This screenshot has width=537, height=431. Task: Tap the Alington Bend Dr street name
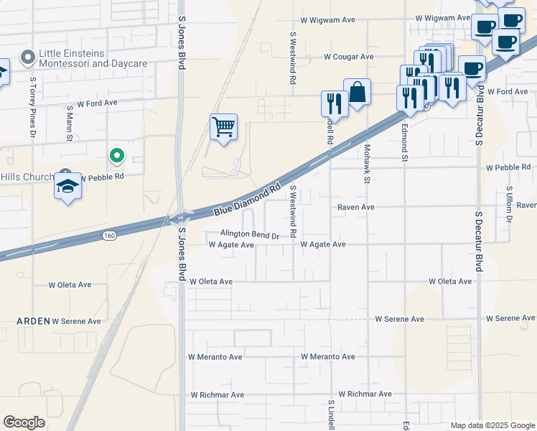click(249, 235)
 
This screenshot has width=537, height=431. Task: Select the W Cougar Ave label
click(348, 57)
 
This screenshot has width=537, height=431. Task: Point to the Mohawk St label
click(366, 164)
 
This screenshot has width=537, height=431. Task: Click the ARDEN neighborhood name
click(33, 321)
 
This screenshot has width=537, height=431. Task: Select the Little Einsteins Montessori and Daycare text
click(93, 58)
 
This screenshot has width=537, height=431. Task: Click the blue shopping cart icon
click(223, 127)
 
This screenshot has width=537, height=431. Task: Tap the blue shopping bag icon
click(357, 92)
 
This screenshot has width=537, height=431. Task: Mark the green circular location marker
click(116, 154)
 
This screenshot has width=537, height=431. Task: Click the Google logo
click(24, 422)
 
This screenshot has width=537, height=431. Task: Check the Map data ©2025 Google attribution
click(492, 425)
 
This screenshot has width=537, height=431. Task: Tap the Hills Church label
click(27, 177)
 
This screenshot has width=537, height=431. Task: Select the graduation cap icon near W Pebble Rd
click(68, 186)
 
